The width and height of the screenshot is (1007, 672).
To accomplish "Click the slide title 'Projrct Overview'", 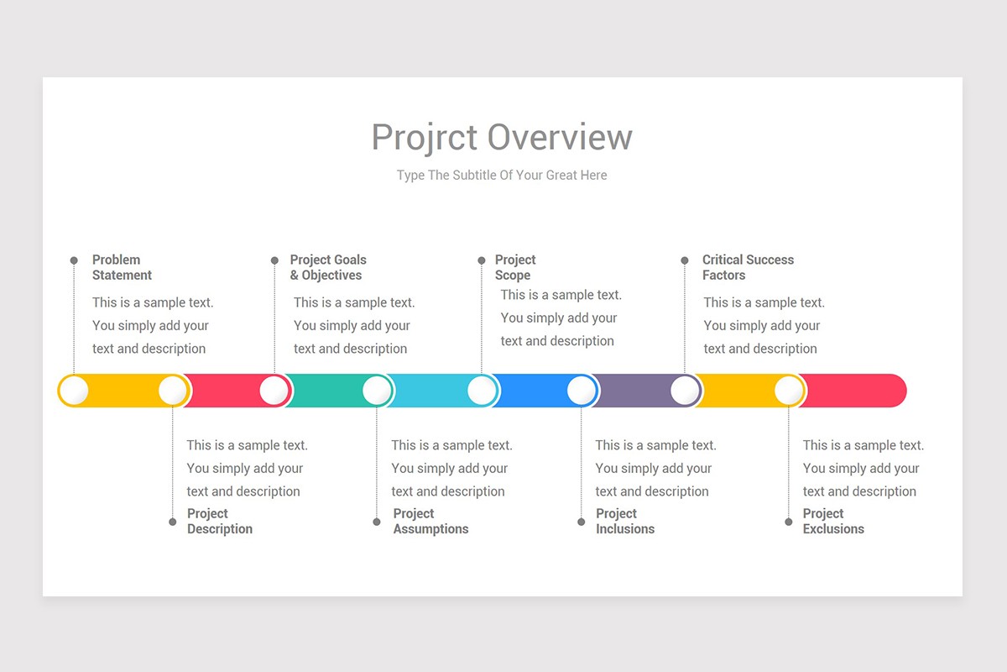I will tap(502, 137).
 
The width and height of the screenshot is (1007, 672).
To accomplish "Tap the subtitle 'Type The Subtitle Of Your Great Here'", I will tap(502, 176).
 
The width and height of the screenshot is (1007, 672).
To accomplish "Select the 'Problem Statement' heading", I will tap(122, 267).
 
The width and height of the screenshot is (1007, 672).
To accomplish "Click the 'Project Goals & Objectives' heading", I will tap(328, 267).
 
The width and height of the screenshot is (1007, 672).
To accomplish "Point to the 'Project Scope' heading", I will tap(514, 267).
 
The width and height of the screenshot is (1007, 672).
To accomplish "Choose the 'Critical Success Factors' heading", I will tap(748, 267).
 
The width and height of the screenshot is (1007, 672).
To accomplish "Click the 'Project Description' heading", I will tap(219, 521).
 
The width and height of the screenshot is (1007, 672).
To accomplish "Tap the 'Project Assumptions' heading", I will tap(430, 521).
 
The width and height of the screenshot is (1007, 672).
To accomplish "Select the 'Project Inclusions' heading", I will tap(625, 521).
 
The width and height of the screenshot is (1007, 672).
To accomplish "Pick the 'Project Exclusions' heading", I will tap(833, 521).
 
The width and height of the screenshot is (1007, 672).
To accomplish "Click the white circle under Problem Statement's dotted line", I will tap(74, 391).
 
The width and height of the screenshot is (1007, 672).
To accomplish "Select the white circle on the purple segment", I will tap(685, 391).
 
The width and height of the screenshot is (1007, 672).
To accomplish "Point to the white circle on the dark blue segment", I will tap(581, 391).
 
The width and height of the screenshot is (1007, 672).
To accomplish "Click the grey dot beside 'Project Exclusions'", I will tap(789, 522).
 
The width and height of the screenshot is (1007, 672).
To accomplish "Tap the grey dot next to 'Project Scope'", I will tap(482, 260).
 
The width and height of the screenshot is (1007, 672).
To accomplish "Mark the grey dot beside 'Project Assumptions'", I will tap(377, 522).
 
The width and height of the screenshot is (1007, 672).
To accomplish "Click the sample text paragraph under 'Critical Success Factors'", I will tap(763, 325).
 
